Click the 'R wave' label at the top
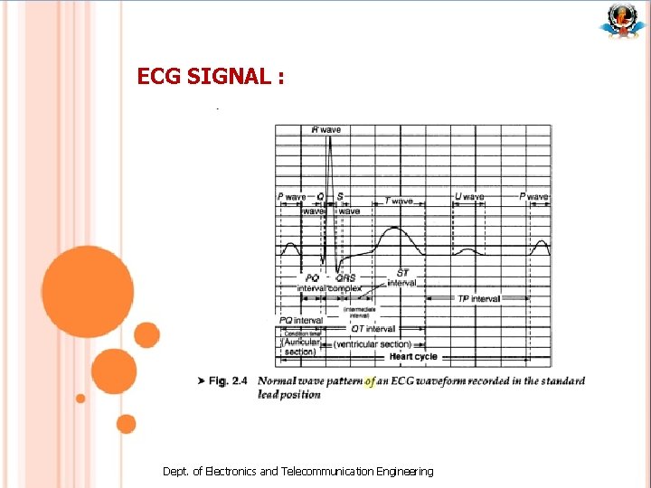coord(326,130)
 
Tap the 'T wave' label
coord(399,201)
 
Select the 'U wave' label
coord(468,196)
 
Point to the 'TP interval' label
coord(478,298)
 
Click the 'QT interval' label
coord(373,329)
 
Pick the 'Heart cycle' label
coord(413,357)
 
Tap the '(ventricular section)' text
coord(372,344)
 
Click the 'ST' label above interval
coord(402,272)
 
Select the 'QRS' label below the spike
coord(345,278)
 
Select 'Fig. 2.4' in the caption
coord(228,381)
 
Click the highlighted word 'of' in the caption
coord(369,381)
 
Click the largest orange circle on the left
coord(88,292)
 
